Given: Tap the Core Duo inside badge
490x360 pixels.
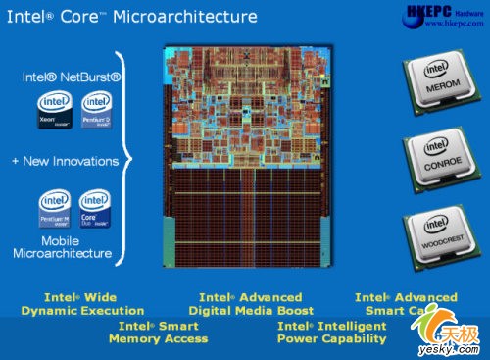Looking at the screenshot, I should click(x=95, y=209).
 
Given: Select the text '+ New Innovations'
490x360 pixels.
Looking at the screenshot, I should click(x=65, y=161).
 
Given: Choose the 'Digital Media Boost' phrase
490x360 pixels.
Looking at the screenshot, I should click(x=250, y=311).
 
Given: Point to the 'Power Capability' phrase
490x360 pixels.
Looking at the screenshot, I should click(x=331, y=339).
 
